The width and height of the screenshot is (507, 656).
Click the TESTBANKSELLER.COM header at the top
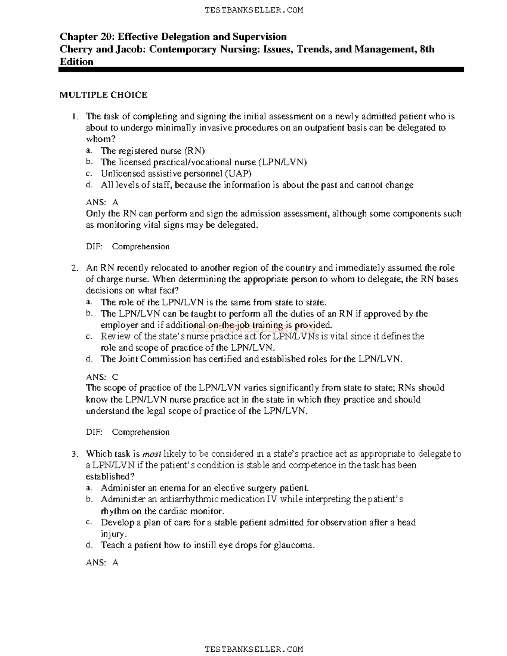pyautogui.click(x=253, y=10)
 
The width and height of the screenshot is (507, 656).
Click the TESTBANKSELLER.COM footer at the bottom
pyautogui.click(x=253, y=649)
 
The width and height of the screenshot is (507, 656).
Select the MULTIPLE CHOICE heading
pyautogui.click(x=104, y=95)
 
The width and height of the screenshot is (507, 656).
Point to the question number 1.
pyautogui.click(x=74, y=117)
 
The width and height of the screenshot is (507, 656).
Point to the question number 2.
pyautogui.click(x=74, y=268)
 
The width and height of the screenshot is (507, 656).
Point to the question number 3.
pyautogui.click(x=74, y=454)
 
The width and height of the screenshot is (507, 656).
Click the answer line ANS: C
pyautogui.click(x=102, y=377)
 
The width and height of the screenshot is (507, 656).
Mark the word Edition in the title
pyautogui.click(x=76, y=62)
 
